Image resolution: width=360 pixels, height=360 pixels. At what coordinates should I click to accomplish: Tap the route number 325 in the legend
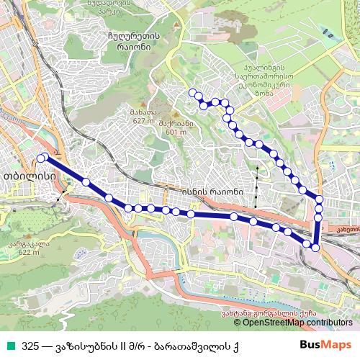point(31,344)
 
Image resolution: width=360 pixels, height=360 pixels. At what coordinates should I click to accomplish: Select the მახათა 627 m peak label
point(143,117)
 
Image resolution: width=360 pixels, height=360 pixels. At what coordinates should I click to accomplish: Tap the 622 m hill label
point(29,252)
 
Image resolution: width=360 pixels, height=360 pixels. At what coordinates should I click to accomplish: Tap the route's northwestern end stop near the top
point(192,93)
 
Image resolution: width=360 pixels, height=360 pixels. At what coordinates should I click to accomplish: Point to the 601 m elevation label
point(176,132)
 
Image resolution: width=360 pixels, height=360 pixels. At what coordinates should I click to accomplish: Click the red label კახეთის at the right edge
point(348,229)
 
